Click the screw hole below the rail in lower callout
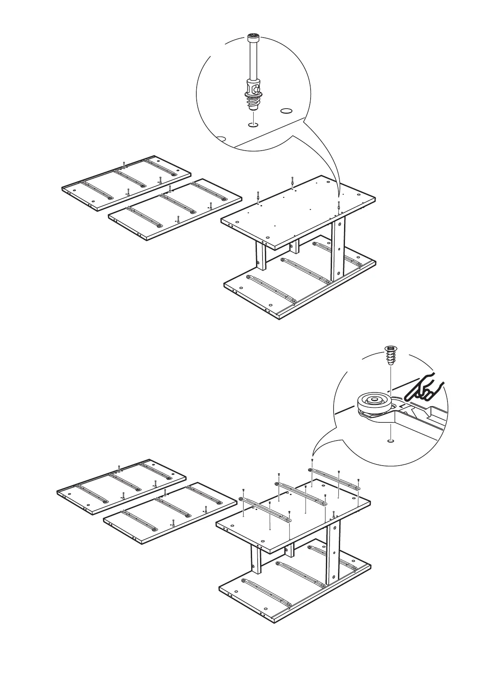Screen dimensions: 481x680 point(390,441)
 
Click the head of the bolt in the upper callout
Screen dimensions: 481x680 point(253,38)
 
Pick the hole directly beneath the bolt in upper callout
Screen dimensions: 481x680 point(253,124)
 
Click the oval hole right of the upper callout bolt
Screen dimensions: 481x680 point(286,110)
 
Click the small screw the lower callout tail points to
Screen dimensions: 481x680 point(312,460)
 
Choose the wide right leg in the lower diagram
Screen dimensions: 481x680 point(333,553)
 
